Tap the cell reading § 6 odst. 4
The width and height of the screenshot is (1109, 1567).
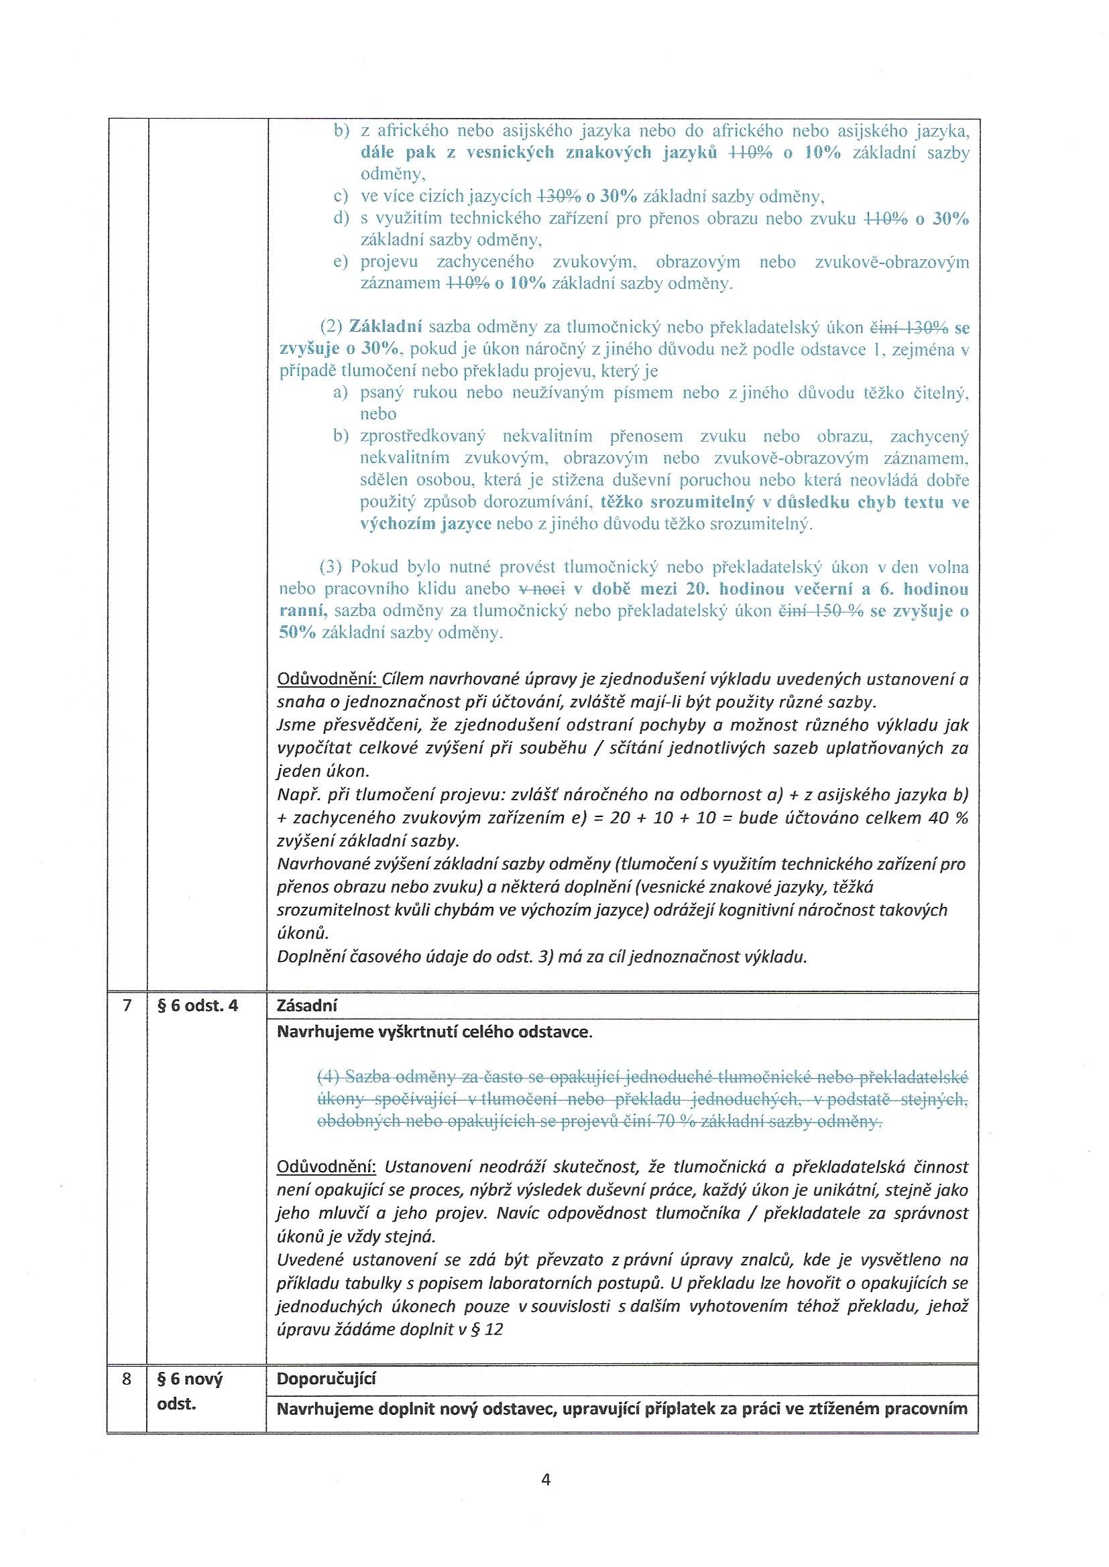[x=198, y=1005]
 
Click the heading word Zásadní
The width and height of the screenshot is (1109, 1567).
[x=307, y=1005]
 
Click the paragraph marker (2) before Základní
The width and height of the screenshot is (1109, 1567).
[x=333, y=328]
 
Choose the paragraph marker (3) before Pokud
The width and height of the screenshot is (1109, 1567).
[x=333, y=567]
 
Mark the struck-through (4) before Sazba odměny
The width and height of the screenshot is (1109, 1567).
[x=330, y=1078]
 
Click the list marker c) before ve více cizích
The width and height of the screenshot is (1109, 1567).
[x=341, y=196]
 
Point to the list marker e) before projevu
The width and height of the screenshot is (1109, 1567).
[x=341, y=262]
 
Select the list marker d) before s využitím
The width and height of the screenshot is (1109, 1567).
[x=341, y=218]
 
